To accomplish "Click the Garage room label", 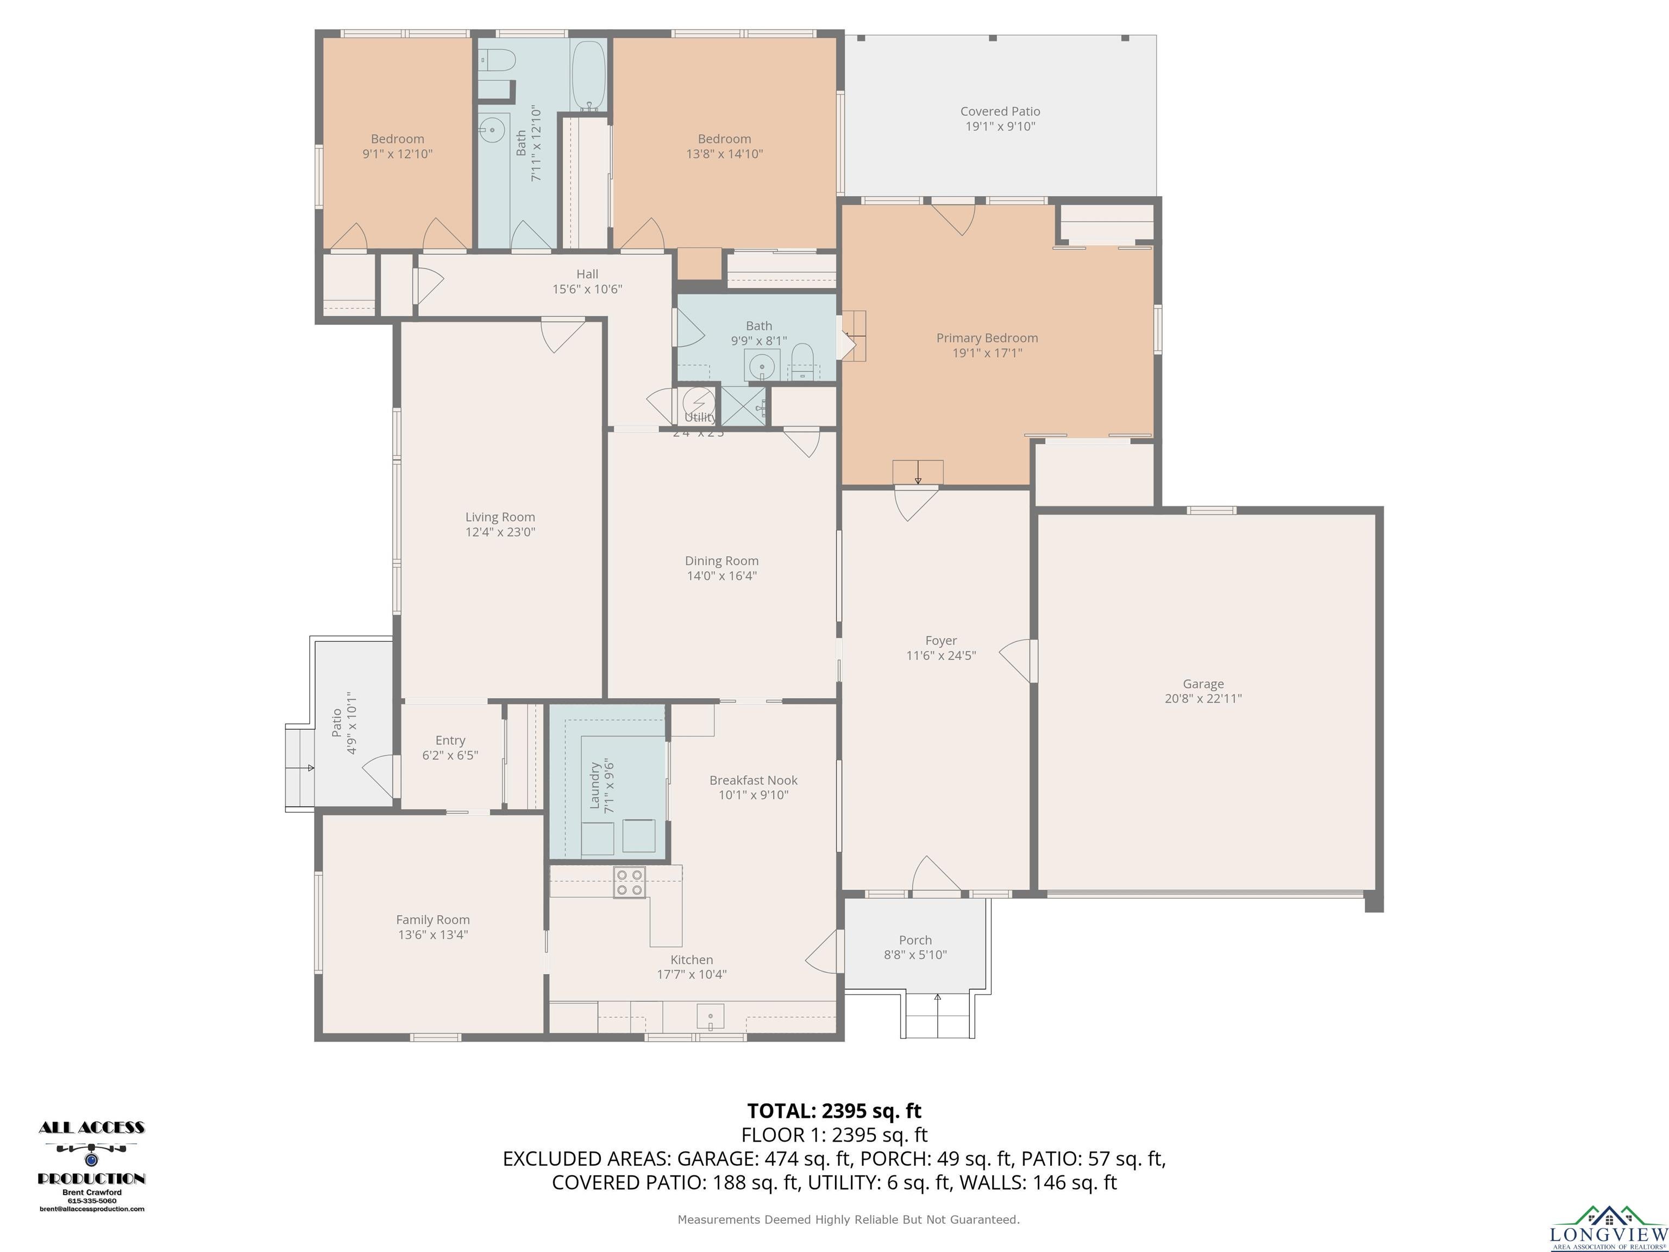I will coord(1203,684).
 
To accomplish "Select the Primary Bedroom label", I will coord(987,338).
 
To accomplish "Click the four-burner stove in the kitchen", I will coord(629,882).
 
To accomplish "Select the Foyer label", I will coord(941,641).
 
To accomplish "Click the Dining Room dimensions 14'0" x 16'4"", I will coord(721,576).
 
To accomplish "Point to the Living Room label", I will coord(500,517).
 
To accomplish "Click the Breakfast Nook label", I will coord(753,780).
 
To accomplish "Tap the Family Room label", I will coord(433,919).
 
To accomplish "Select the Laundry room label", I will coord(594,786).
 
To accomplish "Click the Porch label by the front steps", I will coord(915,940).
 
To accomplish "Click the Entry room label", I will coord(450,740).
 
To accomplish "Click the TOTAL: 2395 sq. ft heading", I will coord(834,1111).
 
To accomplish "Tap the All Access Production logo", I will coord(91,1167).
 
